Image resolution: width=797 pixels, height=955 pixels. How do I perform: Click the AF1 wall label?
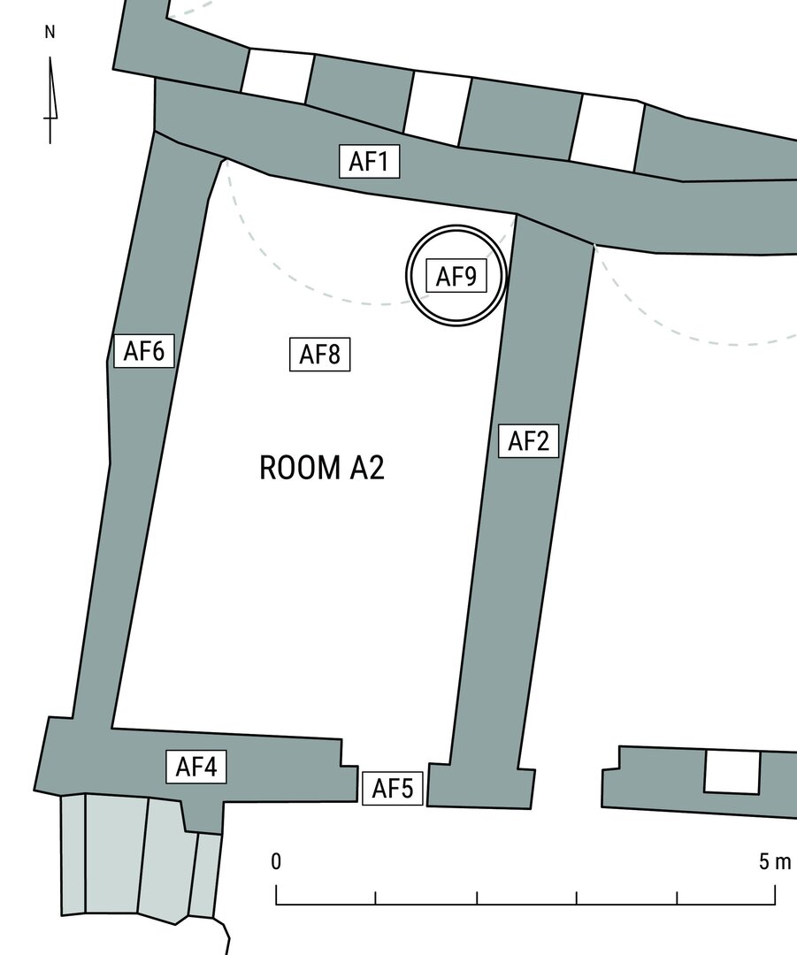point(369,162)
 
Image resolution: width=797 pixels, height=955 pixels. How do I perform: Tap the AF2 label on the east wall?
point(528,440)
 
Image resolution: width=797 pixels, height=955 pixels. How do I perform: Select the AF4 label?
point(196,766)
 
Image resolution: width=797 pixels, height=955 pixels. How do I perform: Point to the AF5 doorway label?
point(393,788)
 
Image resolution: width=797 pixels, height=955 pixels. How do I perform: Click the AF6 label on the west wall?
point(144,351)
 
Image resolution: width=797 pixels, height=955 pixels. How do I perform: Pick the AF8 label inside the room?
point(319,354)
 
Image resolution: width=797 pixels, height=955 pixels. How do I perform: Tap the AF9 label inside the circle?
point(456,276)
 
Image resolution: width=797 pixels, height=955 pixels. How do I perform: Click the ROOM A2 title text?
point(322,468)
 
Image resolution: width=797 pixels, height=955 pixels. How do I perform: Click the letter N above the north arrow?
point(50,33)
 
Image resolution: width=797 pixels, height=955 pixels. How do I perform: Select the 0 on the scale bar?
point(276,861)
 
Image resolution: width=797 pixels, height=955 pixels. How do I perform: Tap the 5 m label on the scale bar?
point(775,861)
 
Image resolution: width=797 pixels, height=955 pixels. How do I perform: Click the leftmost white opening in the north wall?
point(278,76)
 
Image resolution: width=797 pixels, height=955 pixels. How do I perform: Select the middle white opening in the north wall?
point(437,109)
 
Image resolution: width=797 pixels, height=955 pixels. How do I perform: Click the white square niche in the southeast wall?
point(732,772)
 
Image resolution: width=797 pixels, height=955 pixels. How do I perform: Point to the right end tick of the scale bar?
point(776,893)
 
